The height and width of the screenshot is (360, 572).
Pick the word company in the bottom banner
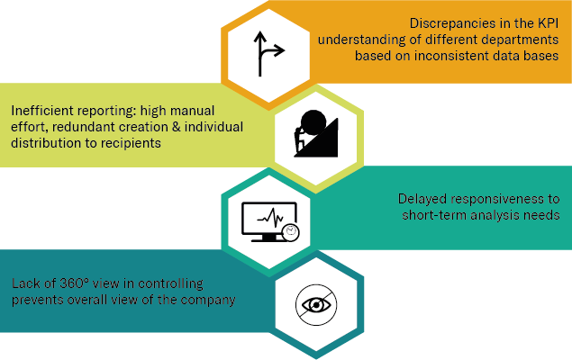[208, 300]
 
